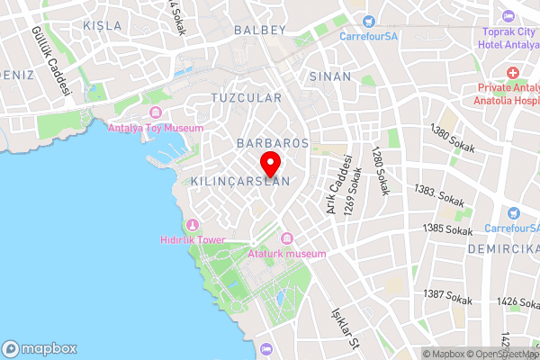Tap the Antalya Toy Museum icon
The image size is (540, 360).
(x=155, y=112)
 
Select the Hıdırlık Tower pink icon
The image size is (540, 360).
(x=191, y=224)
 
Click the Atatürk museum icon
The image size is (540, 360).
(x=287, y=238)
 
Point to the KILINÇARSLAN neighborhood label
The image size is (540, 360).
(x=240, y=181)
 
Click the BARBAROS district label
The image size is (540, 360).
(x=272, y=143)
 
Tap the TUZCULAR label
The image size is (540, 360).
(x=246, y=97)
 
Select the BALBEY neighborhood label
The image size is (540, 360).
(x=259, y=30)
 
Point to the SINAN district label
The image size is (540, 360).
(x=329, y=76)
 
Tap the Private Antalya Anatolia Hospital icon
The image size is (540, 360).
(x=512, y=72)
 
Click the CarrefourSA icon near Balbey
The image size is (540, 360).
(x=367, y=21)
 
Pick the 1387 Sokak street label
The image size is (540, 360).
(x=447, y=295)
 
